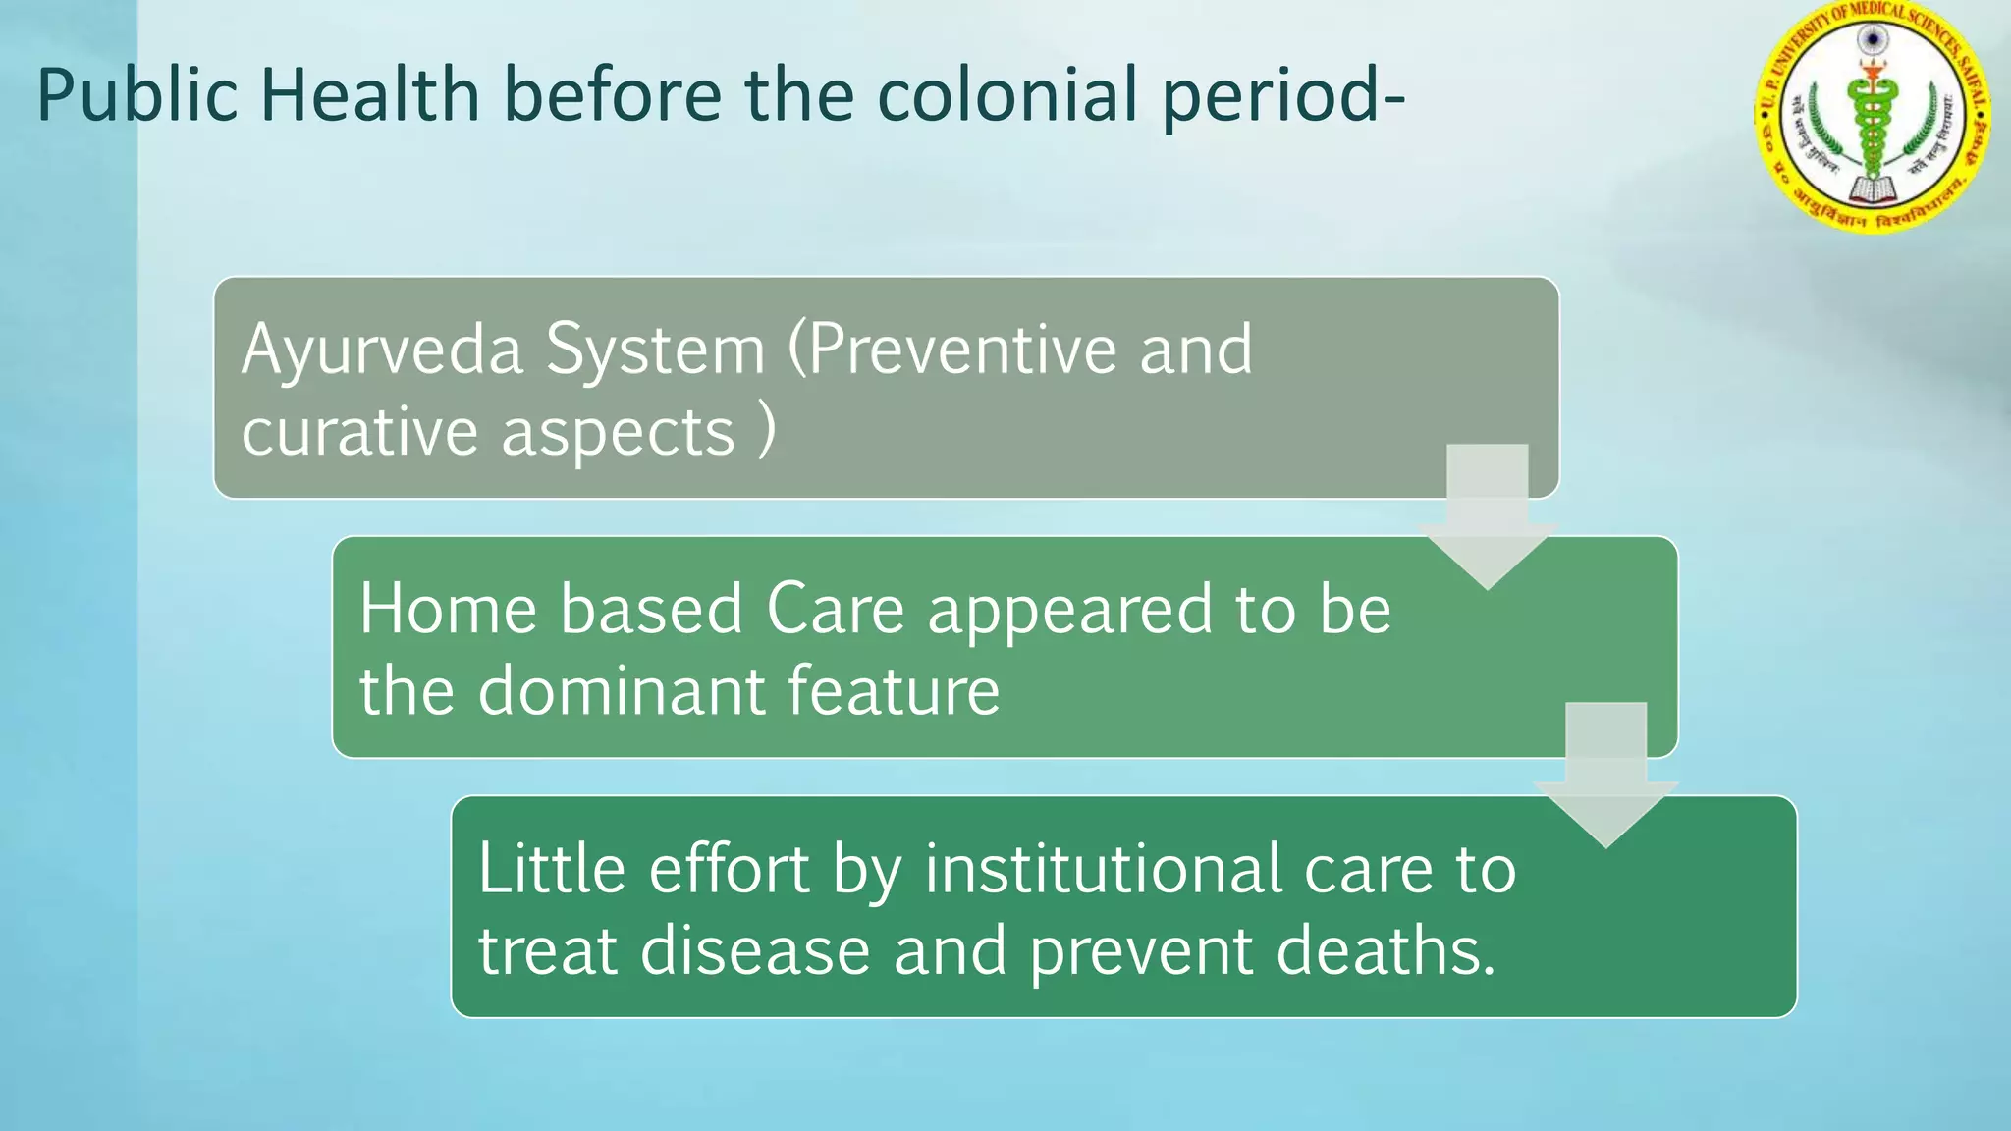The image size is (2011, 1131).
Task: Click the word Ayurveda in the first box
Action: tap(381, 350)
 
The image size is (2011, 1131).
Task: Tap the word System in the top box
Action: tap(655, 350)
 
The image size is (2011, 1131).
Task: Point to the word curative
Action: tap(359, 433)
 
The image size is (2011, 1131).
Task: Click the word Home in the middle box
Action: tap(448, 610)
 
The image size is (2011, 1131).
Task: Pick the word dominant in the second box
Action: tap(621, 691)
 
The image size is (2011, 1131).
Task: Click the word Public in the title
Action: tap(137, 95)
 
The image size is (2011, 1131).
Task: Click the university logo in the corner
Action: tap(1872, 116)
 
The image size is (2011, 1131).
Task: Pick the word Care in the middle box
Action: tap(835, 610)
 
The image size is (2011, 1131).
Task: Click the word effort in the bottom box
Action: tap(729, 870)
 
